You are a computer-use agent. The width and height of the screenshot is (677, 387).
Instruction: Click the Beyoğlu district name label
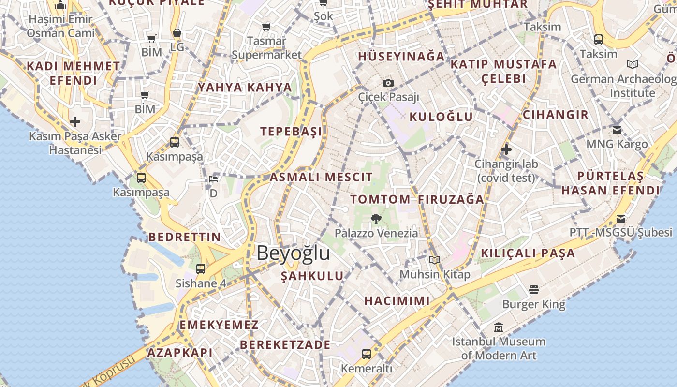(293, 253)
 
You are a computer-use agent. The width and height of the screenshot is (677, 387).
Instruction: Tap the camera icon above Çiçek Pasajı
(388, 83)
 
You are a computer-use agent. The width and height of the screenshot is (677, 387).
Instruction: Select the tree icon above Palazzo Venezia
(376, 219)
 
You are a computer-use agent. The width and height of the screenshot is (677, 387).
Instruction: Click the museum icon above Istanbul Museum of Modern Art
(499, 327)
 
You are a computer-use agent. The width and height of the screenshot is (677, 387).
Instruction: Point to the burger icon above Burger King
(534, 290)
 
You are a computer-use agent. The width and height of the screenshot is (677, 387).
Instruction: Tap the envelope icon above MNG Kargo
(617, 130)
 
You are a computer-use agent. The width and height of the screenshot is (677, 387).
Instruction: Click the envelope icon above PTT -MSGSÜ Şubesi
(620, 218)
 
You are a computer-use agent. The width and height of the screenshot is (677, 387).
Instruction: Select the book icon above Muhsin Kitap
(435, 260)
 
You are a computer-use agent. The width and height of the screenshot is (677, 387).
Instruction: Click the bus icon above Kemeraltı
(367, 354)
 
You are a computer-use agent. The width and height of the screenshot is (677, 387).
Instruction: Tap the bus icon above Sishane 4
(201, 269)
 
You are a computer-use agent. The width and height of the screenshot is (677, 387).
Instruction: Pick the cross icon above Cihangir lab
(506, 149)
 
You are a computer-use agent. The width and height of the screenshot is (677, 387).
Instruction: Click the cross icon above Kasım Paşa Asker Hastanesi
(75, 121)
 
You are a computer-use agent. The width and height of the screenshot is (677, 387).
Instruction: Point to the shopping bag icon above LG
(177, 33)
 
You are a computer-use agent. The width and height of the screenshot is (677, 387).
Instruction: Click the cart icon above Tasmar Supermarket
(266, 27)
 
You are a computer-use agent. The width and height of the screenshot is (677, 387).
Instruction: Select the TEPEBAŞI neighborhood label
(291, 132)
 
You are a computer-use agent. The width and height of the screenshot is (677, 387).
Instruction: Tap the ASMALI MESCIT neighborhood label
(321, 177)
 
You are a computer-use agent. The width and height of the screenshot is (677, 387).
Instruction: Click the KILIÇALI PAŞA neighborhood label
(528, 253)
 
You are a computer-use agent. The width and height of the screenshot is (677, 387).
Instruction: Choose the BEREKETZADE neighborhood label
(285, 345)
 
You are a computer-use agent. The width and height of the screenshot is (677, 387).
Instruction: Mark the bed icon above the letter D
(213, 179)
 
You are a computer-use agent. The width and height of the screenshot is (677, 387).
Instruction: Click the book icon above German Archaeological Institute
(632, 64)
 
